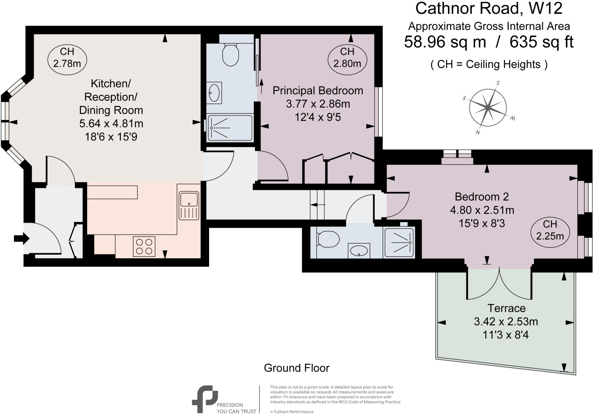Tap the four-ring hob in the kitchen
(x=144, y=247)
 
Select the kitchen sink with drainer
(x=189, y=205)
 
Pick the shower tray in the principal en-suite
(x=230, y=128)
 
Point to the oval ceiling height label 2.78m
(x=67, y=57)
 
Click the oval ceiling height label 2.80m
(x=347, y=57)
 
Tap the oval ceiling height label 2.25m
(x=550, y=230)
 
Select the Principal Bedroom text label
(x=318, y=91)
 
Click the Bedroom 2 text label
(x=481, y=197)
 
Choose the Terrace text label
(x=506, y=308)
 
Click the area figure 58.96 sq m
(x=445, y=42)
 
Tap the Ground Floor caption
(x=296, y=368)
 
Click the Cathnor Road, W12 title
(x=489, y=9)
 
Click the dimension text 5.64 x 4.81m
(x=111, y=124)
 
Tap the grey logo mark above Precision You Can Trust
(x=205, y=399)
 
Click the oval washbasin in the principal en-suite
(x=214, y=93)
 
